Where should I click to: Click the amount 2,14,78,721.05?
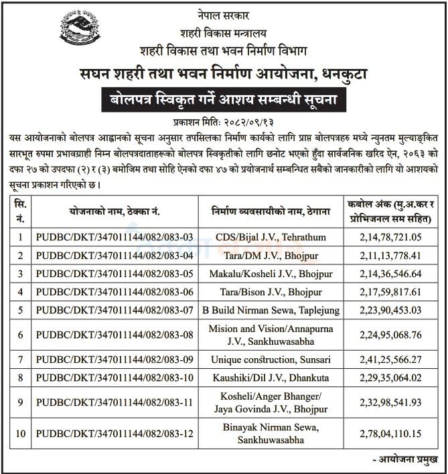tap(390, 236)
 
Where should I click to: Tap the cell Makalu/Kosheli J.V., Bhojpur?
tap(275, 273)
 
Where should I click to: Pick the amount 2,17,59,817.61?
tap(390, 291)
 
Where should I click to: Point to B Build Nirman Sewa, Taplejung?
tap(275, 310)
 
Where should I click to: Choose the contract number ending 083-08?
tap(115, 334)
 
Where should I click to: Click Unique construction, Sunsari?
tap(275, 359)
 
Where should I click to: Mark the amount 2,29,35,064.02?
tap(390, 378)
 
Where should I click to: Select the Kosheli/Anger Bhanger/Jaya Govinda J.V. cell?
tap(275, 402)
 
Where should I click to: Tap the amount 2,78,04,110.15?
tap(390, 433)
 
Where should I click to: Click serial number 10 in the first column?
tap(20, 433)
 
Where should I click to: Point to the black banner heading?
tap(224, 100)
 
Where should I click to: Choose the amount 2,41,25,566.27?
tap(390, 359)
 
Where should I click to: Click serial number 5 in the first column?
tap(20, 310)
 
